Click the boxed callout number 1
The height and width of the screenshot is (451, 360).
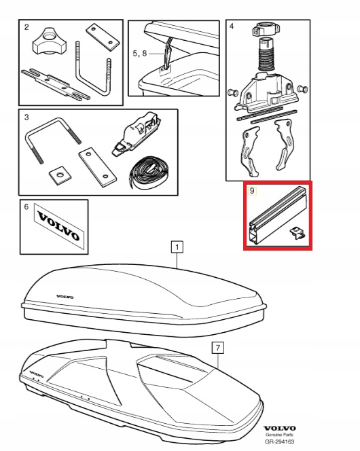tap(177, 247)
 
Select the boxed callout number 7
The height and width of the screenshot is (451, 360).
tap(217, 348)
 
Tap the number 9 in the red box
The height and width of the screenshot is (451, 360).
tap(252, 191)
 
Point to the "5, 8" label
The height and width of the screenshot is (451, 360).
tap(140, 53)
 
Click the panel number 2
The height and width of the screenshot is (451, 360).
tap(26, 27)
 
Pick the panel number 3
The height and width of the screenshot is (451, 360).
tap(26, 118)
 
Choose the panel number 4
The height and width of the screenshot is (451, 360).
tap(232, 26)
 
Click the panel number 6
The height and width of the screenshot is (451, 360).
tap(26, 206)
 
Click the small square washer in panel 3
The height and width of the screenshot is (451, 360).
tap(60, 175)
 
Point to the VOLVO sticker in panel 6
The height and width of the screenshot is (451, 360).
tap(59, 226)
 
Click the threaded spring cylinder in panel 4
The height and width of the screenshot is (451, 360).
tap(266, 54)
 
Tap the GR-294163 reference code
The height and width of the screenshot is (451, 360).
tap(279, 441)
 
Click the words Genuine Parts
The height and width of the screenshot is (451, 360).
tap(279, 435)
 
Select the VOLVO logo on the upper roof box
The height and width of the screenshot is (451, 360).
tap(65, 297)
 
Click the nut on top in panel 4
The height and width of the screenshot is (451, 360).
tap(264, 29)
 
